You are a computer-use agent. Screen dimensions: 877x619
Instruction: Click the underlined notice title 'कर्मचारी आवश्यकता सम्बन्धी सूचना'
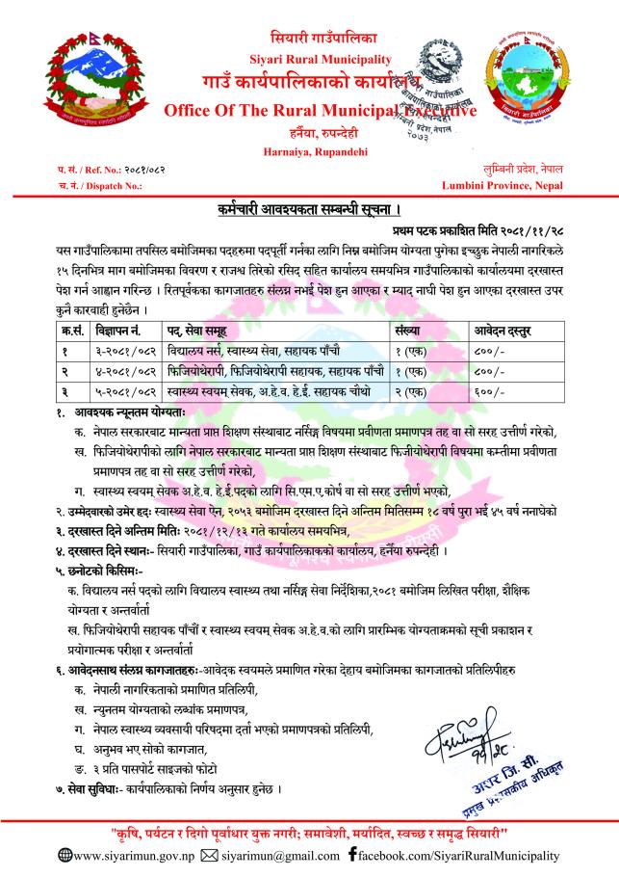point(309,208)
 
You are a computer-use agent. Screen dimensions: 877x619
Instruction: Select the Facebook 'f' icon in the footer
point(353,855)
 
